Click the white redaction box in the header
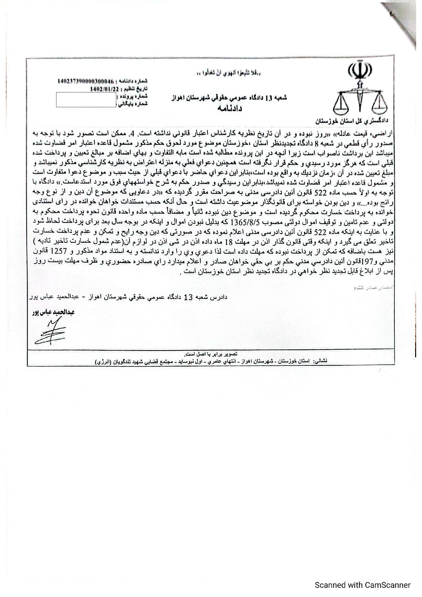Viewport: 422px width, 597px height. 86,100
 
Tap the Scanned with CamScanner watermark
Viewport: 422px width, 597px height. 363,585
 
